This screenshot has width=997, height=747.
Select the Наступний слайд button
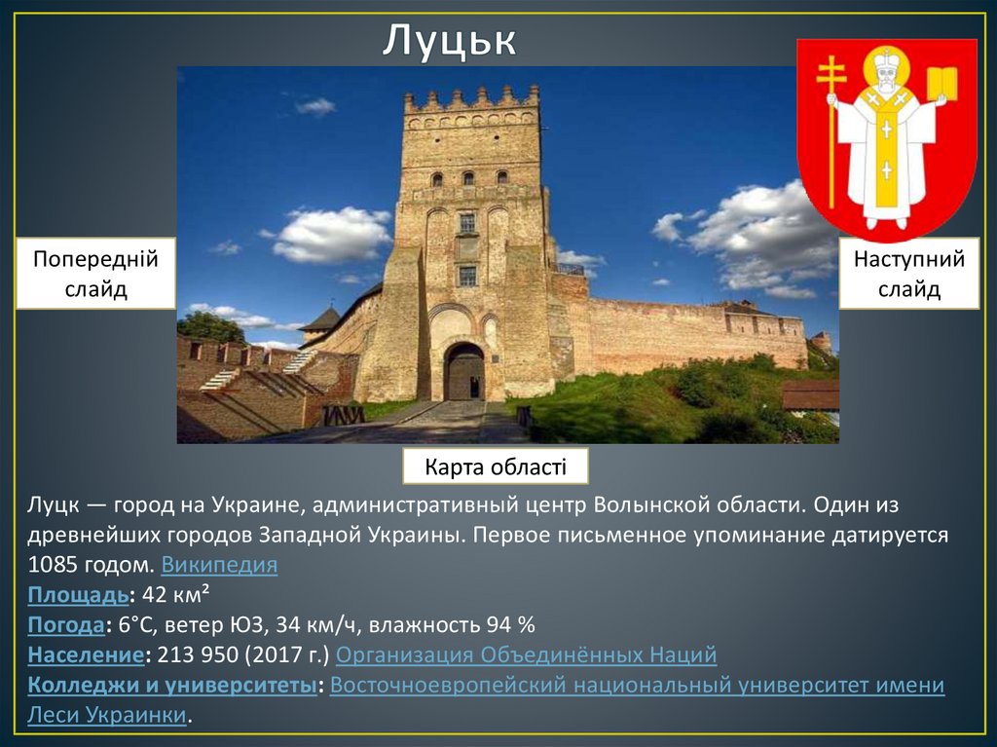[x=908, y=274]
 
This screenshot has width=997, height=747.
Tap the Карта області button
[x=496, y=467]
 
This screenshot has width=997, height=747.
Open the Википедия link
[x=219, y=566]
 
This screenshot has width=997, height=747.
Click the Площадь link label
[x=78, y=595]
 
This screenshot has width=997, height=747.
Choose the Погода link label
[x=66, y=624]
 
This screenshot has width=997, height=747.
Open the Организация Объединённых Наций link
[x=526, y=654]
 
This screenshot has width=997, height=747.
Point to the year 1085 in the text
[x=50, y=566]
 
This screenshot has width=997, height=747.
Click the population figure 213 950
[x=199, y=654]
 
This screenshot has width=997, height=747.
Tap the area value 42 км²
[x=177, y=595]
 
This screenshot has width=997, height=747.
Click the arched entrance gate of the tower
[x=464, y=372]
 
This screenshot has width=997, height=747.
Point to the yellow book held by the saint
[x=942, y=84]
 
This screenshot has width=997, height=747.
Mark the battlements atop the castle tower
[x=471, y=98]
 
